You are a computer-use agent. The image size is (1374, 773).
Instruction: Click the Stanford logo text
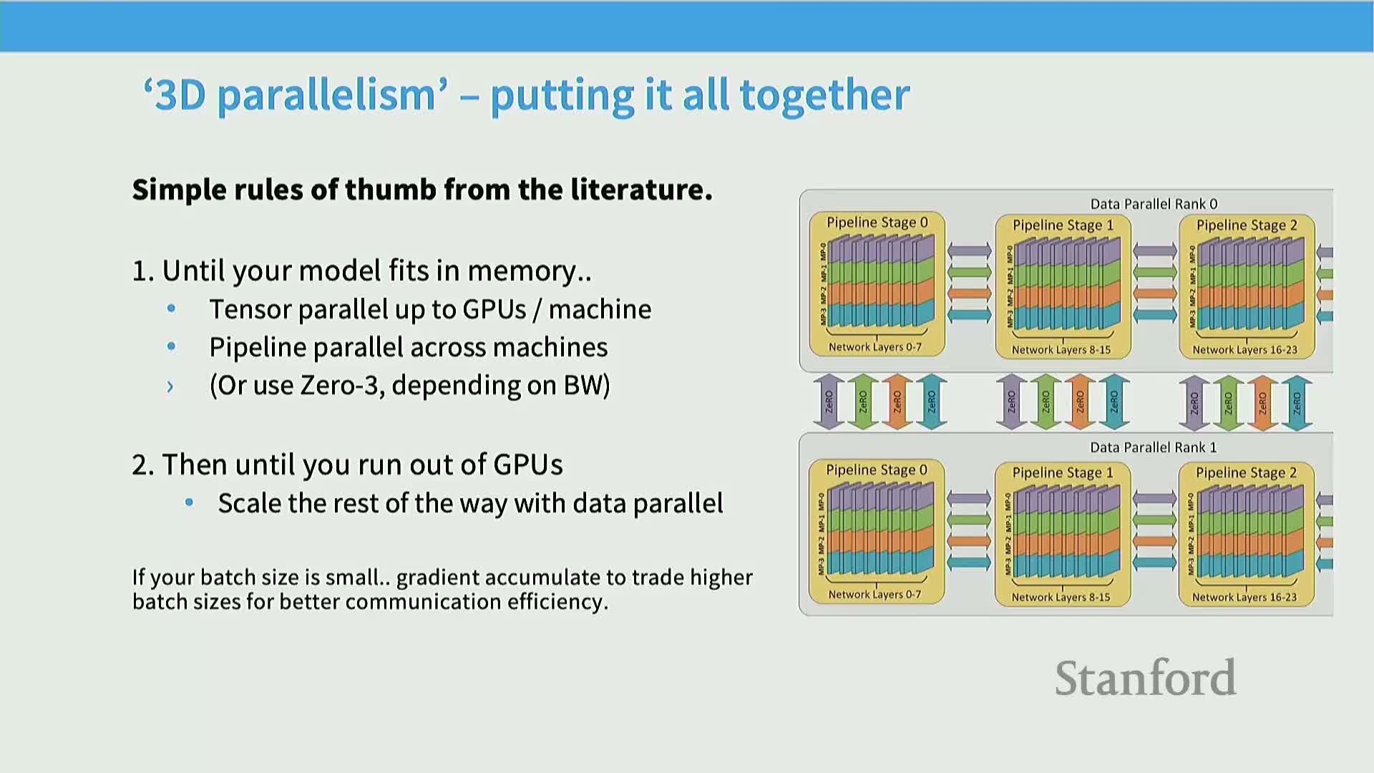[1145, 678]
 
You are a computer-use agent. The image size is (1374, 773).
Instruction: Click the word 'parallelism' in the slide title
[326, 95]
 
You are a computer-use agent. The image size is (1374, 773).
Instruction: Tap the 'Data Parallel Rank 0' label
[1154, 204]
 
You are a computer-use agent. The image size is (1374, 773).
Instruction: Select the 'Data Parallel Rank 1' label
[1153, 447]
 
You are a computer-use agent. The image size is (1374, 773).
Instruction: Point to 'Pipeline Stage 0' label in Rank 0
[877, 223]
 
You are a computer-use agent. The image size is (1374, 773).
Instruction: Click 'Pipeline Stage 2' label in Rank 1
[1246, 472]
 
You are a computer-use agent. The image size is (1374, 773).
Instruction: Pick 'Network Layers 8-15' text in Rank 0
[1061, 350]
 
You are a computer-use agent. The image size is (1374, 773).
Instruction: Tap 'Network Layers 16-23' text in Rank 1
[1244, 597]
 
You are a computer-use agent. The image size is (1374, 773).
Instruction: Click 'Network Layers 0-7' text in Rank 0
[874, 347]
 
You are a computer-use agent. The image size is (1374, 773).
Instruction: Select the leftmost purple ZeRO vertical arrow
[829, 402]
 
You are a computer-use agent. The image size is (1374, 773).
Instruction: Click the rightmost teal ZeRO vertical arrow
[1297, 402]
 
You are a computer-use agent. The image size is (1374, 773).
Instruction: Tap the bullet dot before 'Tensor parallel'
[171, 309]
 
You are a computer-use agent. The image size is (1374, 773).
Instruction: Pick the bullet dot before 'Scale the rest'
[189, 502]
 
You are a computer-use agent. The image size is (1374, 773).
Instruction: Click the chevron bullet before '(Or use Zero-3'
[170, 386]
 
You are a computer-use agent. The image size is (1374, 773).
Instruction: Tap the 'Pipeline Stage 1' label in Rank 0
[1063, 225]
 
